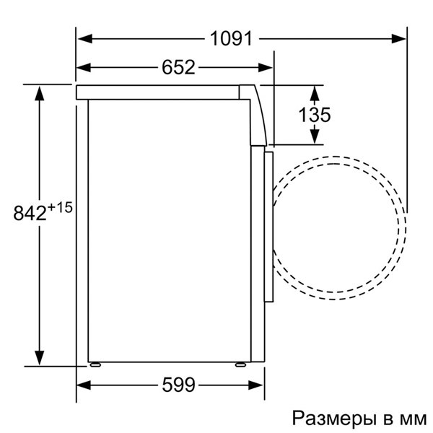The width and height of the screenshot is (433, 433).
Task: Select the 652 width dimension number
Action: coord(177,68)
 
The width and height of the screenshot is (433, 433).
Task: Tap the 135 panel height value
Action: coord(314,114)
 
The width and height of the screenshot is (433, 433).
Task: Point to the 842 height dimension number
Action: coord(29,214)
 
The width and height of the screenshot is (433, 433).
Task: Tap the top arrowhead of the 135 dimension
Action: coord(315,92)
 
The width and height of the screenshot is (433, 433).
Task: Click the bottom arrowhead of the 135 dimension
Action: coord(315,136)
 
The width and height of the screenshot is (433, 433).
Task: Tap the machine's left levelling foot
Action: coord(94,364)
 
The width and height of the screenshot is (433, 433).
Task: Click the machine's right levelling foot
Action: coord(240,364)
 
